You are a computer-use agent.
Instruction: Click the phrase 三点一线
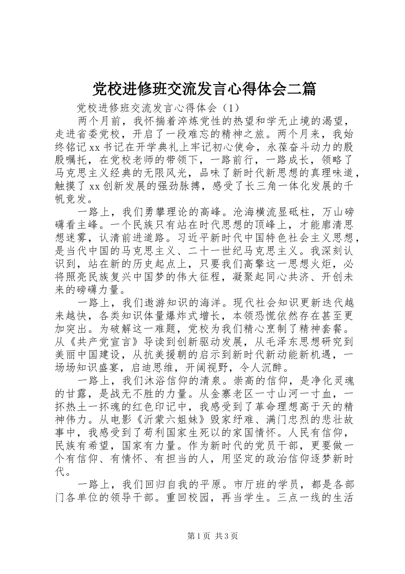click(x=298, y=498)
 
